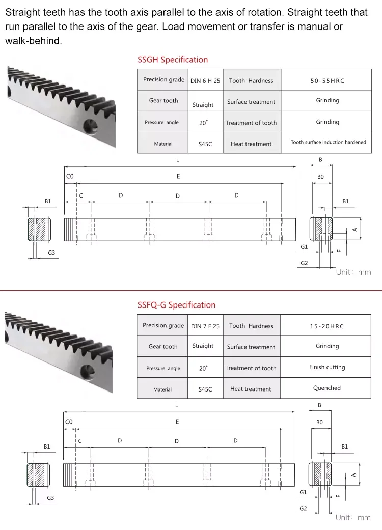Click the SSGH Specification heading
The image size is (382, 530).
[x=173, y=60]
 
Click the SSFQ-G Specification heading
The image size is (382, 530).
[x=176, y=305]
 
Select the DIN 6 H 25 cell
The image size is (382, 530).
[x=205, y=80]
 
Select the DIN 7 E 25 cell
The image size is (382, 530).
[x=205, y=326]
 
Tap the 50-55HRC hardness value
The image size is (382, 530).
[x=327, y=80]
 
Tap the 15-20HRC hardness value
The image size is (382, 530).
[x=326, y=326]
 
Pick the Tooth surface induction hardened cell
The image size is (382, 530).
[x=328, y=142]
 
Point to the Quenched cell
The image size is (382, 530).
[x=326, y=388]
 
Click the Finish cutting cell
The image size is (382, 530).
[x=326, y=367]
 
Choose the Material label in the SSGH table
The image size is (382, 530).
[x=163, y=144]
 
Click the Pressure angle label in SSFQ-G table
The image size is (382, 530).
[x=162, y=368]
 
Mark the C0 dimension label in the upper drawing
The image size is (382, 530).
[x=70, y=176]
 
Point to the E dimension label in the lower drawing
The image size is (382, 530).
[x=177, y=422]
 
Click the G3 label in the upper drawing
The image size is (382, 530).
[x=51, y=253]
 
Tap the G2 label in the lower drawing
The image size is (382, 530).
[x=304, y=508]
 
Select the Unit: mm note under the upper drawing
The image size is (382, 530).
[x=353, y=272]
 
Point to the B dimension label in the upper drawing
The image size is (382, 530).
[x=320, y=160]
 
